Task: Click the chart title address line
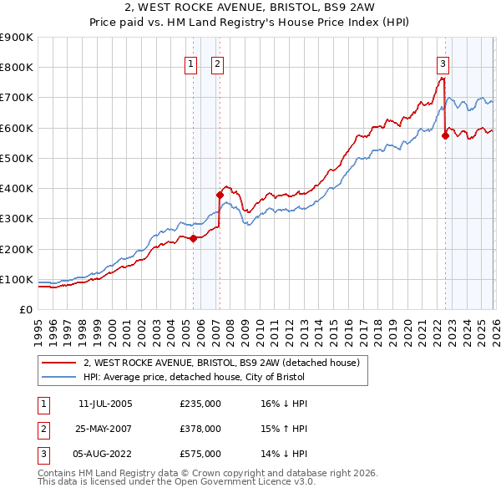[250, 8]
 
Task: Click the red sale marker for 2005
[193, 238]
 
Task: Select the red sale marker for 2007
[220, 195]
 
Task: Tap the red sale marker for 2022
[445, 135]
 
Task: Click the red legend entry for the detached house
[220, 363]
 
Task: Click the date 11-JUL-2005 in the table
[105, 404]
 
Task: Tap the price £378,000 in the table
[200, 429]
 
